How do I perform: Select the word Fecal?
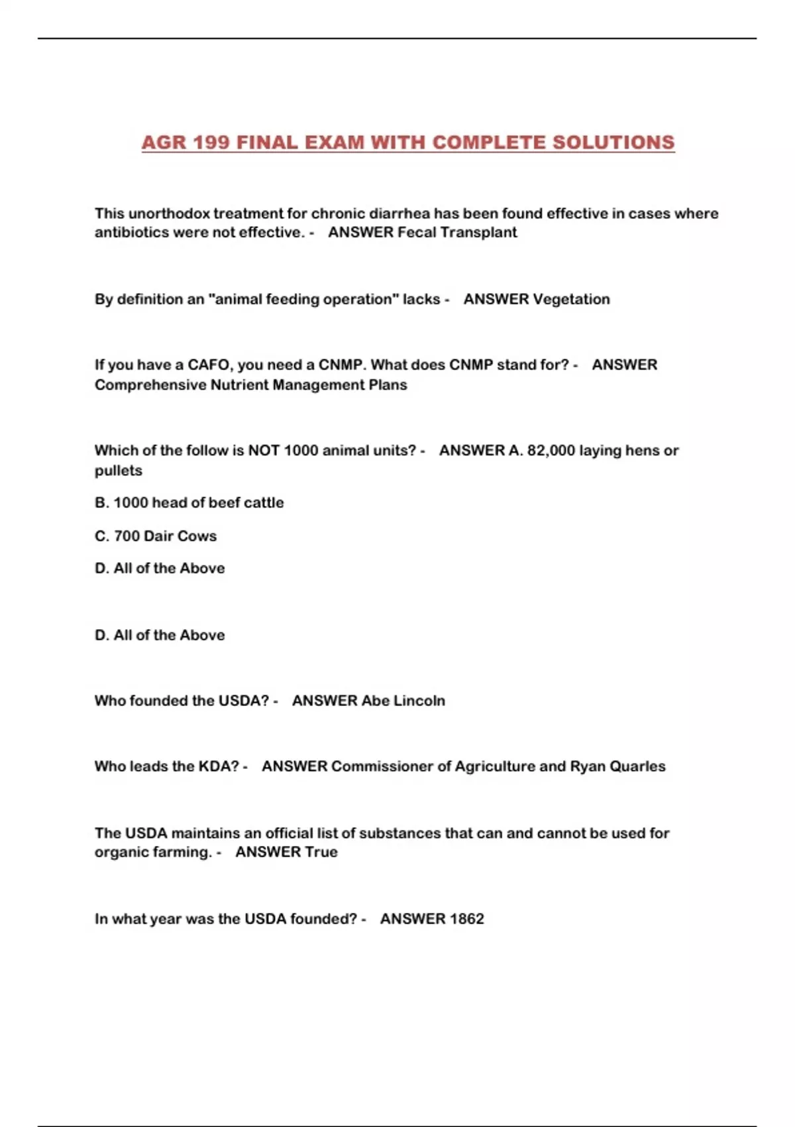pyautogui.click(x=416, y=232)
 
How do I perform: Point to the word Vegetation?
pyautogui.click(x=571, y=299)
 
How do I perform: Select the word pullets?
pyautogui.click(x=118, y=470)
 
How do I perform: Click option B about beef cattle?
pyautogui.click(x=189, y=503)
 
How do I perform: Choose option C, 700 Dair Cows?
pyautogui.click(x=156, y=536)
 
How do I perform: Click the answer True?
pyautogui.click(x=321, y=852)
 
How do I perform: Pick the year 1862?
pyautogui.click(x=466, y=919)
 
